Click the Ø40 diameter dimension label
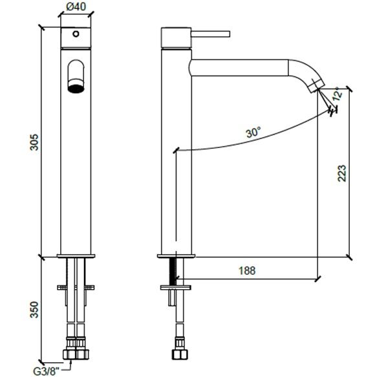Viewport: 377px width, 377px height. coord(76,6)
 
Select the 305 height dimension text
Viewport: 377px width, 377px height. coord(34,142)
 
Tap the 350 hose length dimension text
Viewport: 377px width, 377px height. coord(34,310)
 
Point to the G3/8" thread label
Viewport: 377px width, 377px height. coord(46,372)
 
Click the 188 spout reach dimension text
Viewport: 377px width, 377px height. coord(246,270)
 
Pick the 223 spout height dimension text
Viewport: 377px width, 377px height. coord(341,173)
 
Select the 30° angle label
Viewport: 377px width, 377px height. coord(253,132)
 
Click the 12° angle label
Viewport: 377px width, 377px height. coord(338,94)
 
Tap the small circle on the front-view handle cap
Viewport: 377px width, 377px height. coord(76,34)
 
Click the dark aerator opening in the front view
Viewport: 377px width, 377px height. coord(76,89)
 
